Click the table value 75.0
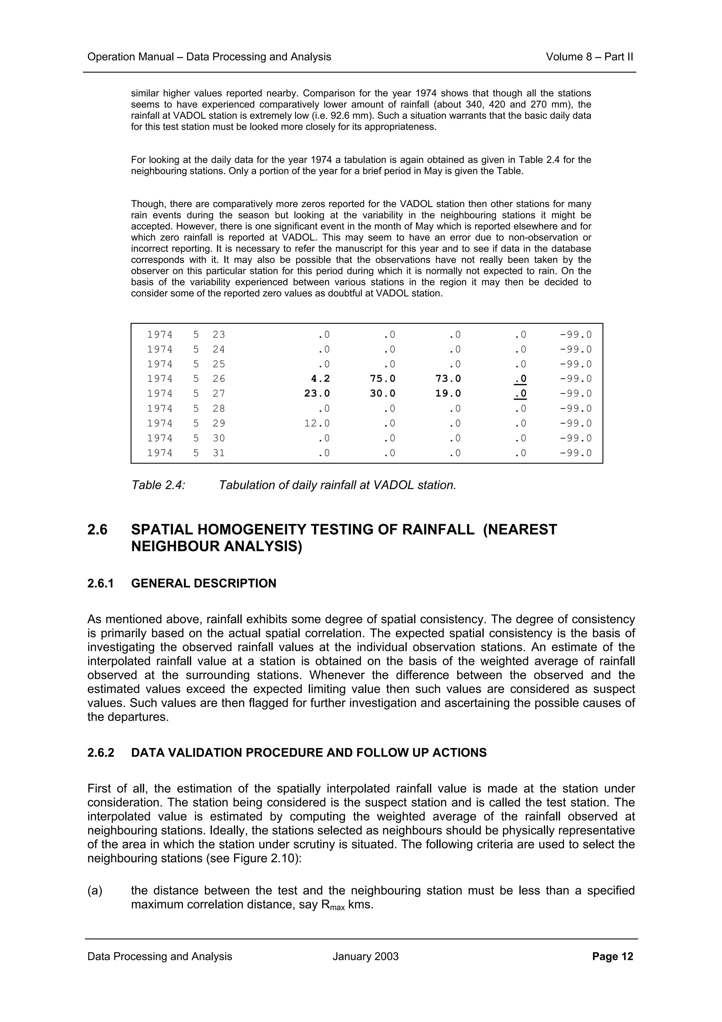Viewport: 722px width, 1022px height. click(382, 379)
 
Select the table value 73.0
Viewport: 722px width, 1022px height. click(448, 379)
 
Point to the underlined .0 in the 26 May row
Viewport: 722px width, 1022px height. click(520, 379)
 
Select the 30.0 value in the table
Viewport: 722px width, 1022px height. click(382, 394)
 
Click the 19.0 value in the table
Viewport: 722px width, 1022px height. click(448, 394)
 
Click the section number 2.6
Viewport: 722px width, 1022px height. click(97, 530)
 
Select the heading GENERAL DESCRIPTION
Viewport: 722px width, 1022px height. click(203, 583)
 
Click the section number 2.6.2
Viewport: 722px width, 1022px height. click(100, 753)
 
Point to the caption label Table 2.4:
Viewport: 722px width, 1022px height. click(158, 485)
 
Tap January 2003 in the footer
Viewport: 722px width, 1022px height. click(365, 956)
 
